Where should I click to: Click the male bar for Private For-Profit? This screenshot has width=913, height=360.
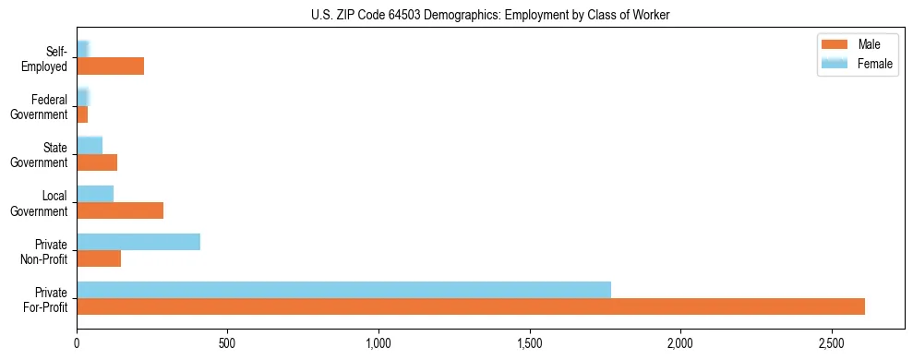point(471,306)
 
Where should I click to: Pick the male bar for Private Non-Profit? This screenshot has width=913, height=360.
point(99,258)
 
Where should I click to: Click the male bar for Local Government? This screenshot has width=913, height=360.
point(120,210)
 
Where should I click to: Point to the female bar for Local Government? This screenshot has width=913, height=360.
point(95,194)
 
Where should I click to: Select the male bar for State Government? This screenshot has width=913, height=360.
point(97,162)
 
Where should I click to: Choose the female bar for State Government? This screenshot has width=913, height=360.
point(90,146)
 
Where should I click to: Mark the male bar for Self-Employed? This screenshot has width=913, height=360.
point(110,66)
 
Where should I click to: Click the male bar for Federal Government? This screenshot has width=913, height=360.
point(82,114)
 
